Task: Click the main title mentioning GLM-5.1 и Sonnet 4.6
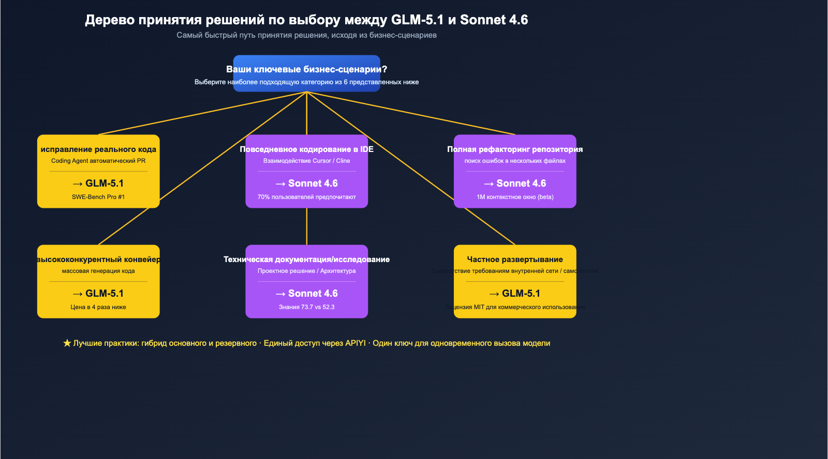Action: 306,20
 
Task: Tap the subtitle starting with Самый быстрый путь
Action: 306,35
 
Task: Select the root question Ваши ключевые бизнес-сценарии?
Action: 306,69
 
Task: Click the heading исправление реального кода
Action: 98,149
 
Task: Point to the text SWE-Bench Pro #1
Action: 98,197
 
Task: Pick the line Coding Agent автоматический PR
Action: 98,161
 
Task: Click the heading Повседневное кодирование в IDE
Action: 306,149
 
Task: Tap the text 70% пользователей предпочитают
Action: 306,197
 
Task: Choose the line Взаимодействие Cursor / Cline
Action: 306,161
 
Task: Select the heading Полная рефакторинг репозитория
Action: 515,149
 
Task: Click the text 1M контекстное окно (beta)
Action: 515,197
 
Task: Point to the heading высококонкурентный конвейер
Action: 98,259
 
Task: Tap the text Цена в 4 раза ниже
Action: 98,307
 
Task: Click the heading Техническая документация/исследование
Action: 306,259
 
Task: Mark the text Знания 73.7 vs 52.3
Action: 306,307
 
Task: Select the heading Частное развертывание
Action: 515,259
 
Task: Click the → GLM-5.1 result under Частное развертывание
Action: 515,294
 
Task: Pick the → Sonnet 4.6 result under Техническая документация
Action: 306,294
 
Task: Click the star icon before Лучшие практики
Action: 67,343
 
